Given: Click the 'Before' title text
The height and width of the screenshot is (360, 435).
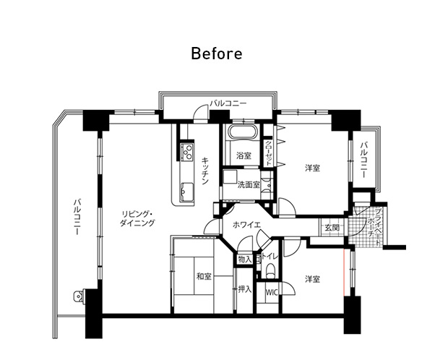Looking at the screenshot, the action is (217, 53).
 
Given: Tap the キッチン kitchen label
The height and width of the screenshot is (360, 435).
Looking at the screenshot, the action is (205, 171).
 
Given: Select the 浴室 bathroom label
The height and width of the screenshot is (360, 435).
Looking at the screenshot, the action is (244, 155).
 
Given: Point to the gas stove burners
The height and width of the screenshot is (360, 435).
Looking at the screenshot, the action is (186, 152).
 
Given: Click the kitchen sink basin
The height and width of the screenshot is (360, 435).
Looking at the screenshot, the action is (187, 192).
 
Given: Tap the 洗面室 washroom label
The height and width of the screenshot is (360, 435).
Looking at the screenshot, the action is (249, 185).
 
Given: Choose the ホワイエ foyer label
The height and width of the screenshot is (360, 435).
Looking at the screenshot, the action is (247, 225).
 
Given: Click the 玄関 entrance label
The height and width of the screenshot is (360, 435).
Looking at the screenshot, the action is (332, 228).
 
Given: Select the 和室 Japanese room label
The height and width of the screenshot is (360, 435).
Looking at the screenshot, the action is (204, 276).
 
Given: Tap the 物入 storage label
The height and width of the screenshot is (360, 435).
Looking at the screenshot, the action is (245, 260).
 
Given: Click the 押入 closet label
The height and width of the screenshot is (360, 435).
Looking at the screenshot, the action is (245, 289).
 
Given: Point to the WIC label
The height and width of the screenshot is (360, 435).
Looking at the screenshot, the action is (272, 293).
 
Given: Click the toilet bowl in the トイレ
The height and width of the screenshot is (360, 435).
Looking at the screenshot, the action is (270, 270).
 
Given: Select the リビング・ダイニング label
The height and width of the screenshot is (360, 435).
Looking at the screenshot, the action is (137, 219).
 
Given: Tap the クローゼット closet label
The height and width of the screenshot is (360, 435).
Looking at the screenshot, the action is (269, 153).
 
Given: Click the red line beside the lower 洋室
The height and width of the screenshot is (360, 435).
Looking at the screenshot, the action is (344, 272).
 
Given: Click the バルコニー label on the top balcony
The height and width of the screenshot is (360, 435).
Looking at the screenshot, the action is (228, 103).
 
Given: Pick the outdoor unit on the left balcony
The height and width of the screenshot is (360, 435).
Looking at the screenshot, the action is (79, 296).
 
